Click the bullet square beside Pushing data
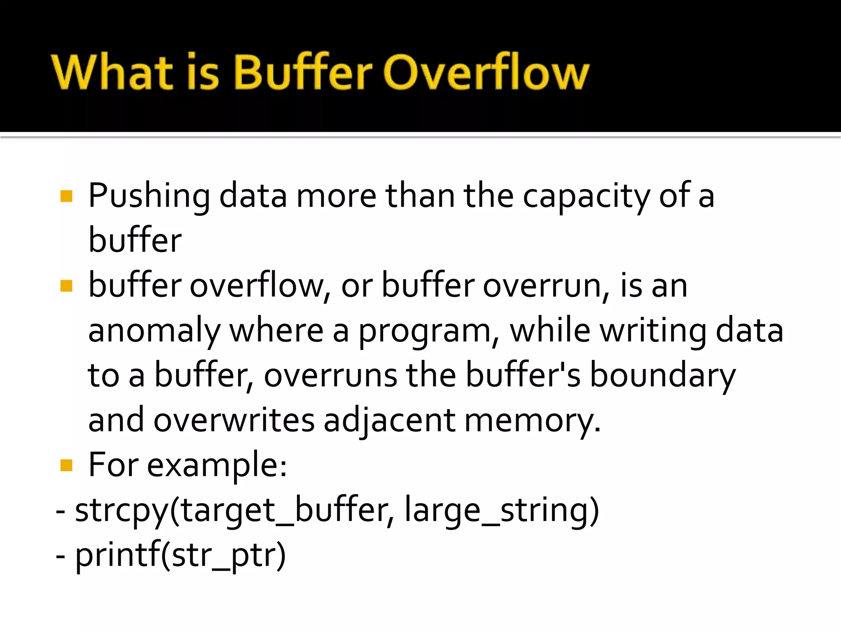click(x=66, y=196)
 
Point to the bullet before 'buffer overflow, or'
click(x=66, y=286)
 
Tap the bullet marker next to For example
click(x=66, y=465)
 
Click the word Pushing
click(x=149, y=196)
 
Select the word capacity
click(x=586, y=196)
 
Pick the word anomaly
click(x=154, y=331)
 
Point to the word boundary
click(x=662, y=375)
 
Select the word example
click(x=216, y=465)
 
